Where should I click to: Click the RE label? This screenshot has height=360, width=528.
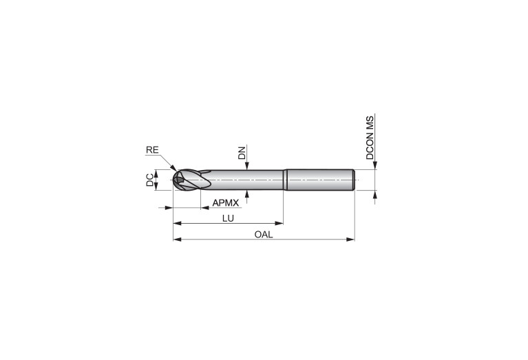(x=152, y=150)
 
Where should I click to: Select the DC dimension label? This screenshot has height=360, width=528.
(x=149, y=180)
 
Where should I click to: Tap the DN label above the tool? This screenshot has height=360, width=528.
(x=242, y=153)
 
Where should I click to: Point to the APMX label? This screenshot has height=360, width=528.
(x=225, y=203)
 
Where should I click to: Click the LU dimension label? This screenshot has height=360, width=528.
(x=228, y=218)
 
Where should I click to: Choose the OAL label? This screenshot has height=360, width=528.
(x=264, y=235)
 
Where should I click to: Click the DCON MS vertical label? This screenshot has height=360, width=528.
(x=370, y=138)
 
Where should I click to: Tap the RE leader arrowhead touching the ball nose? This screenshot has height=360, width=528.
(x=173, y=168)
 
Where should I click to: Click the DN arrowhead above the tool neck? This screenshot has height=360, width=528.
(x=248, y=166)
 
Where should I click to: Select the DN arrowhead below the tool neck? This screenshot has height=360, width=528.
(x=248, y=194)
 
